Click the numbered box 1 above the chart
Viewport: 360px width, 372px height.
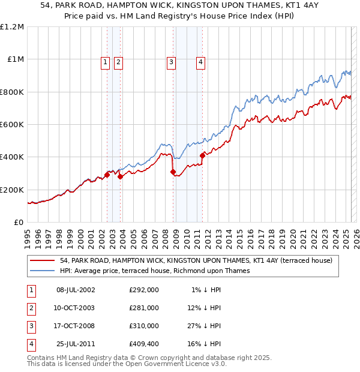point(105,61)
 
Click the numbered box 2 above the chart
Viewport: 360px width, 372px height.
point(118,61)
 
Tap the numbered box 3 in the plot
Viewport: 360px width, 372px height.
point(171,61)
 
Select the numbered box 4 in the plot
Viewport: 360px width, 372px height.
point(200,61)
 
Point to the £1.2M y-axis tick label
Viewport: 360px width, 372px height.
point(12,27)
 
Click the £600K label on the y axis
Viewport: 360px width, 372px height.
point(12,125)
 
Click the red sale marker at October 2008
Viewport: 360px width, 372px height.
point(173,172)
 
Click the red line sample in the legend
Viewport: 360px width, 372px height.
point(42,261)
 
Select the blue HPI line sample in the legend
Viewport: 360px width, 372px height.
point(42,271)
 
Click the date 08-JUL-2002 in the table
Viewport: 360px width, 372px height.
point(76,290)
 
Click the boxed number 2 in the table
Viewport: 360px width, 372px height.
point(30,308)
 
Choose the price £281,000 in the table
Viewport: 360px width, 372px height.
point(144,308)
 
